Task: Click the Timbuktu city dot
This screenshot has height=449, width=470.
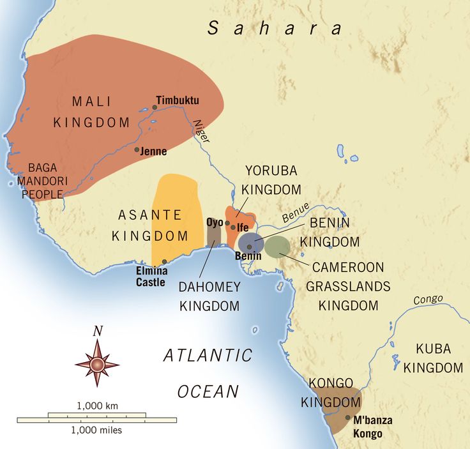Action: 155,107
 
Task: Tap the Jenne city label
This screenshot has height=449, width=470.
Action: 155,151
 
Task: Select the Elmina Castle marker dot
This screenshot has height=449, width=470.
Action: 165,261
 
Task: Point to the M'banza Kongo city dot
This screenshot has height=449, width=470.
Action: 347,418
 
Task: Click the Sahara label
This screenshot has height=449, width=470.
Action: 275,28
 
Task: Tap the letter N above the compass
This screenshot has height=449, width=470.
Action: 97,331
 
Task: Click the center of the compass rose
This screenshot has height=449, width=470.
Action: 97,365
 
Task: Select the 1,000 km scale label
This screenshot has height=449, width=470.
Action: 97,406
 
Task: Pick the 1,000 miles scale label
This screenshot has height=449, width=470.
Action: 97,430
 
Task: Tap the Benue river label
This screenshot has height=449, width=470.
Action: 296,213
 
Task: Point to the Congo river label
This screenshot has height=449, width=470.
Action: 427,300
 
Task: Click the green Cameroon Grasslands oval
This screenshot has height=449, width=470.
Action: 277,247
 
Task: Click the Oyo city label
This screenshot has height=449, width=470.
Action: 214,222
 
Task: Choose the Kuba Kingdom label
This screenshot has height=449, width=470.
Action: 433,358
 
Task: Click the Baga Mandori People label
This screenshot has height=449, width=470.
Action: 43,181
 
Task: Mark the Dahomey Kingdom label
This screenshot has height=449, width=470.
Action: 209,296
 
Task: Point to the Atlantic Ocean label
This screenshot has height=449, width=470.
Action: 208,373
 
